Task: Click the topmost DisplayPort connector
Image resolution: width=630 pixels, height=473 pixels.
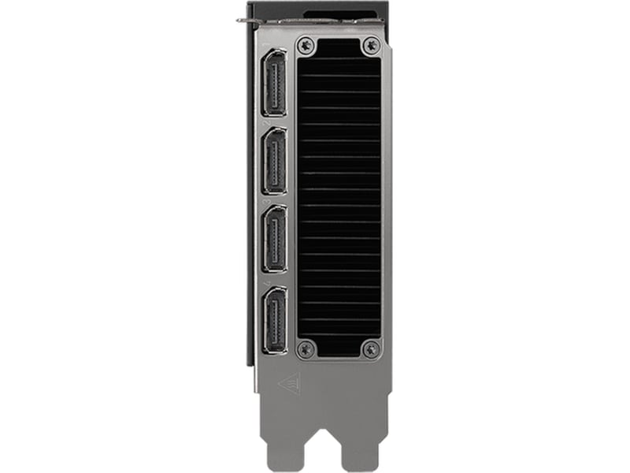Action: point(274,81)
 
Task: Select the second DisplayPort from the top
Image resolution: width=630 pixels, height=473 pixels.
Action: point(274,161)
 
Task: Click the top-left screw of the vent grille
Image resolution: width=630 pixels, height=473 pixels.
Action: point(307,47)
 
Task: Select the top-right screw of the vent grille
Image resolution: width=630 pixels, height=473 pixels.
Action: point(370,47)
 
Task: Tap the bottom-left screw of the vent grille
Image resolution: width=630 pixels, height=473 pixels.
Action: point(307,348)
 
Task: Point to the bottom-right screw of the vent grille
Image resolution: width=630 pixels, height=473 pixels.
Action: point(370,348)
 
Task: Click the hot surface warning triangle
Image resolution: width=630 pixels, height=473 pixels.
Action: point(289,382)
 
